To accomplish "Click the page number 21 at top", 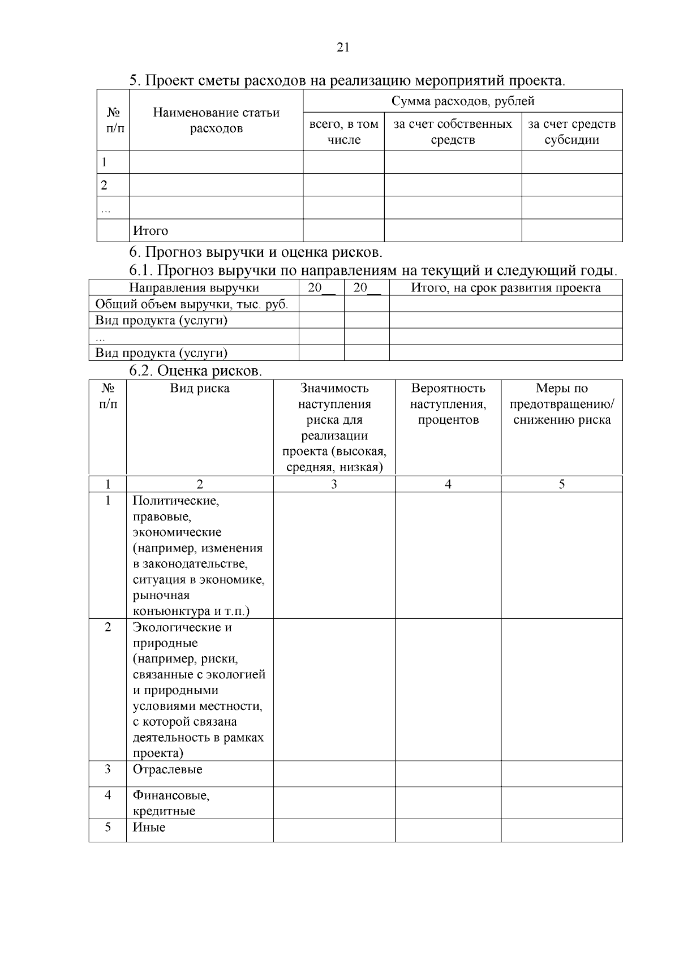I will click(343, 48).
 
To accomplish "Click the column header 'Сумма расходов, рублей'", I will click(463, 101).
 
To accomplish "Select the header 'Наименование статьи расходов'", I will click(216, 120).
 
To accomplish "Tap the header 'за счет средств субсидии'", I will click(571, 132).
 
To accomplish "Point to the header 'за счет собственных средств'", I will click(453, 132).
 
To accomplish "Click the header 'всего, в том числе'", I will click(343, 132).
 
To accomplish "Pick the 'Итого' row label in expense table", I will click(151, 231).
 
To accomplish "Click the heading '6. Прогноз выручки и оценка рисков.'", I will click(256, 252).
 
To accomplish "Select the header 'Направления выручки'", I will click(194, 288).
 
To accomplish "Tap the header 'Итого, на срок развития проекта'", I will click(505, 288).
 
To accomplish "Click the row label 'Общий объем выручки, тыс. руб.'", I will click(192, 304).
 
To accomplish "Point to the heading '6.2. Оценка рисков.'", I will click(196, 371).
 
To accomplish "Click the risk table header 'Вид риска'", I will click(200, 389).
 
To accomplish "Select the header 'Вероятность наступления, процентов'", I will click(448, 404).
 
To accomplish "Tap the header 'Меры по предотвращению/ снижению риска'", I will click(562, 404).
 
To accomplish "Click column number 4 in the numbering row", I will click(448, 484).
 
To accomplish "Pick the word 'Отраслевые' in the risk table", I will click(167, 769).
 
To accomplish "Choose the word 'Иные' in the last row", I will click(149, 828).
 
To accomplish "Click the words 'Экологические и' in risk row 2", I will click(182, 627).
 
